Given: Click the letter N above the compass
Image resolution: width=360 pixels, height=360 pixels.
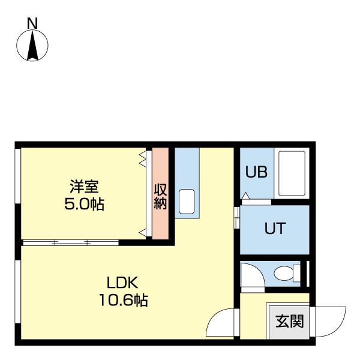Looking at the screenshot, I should (33, 23).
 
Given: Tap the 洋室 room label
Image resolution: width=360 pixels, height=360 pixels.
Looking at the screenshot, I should (84, 187).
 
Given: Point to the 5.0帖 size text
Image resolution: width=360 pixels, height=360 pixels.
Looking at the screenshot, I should (84, 204).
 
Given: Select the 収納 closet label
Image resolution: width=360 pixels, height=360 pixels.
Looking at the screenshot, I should (160, 195).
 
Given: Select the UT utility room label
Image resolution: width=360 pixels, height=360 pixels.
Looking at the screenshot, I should (274, 228).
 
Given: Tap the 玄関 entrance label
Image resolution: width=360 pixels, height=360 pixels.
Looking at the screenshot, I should (289, 321).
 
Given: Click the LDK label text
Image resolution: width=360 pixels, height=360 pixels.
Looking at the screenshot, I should (123, 282).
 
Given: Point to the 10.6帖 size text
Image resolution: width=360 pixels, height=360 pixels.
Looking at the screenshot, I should (123, 299).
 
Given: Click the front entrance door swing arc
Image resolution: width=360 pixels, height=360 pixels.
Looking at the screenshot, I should (330, 323).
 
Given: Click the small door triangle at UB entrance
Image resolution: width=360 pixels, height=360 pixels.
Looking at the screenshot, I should (245, 196).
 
